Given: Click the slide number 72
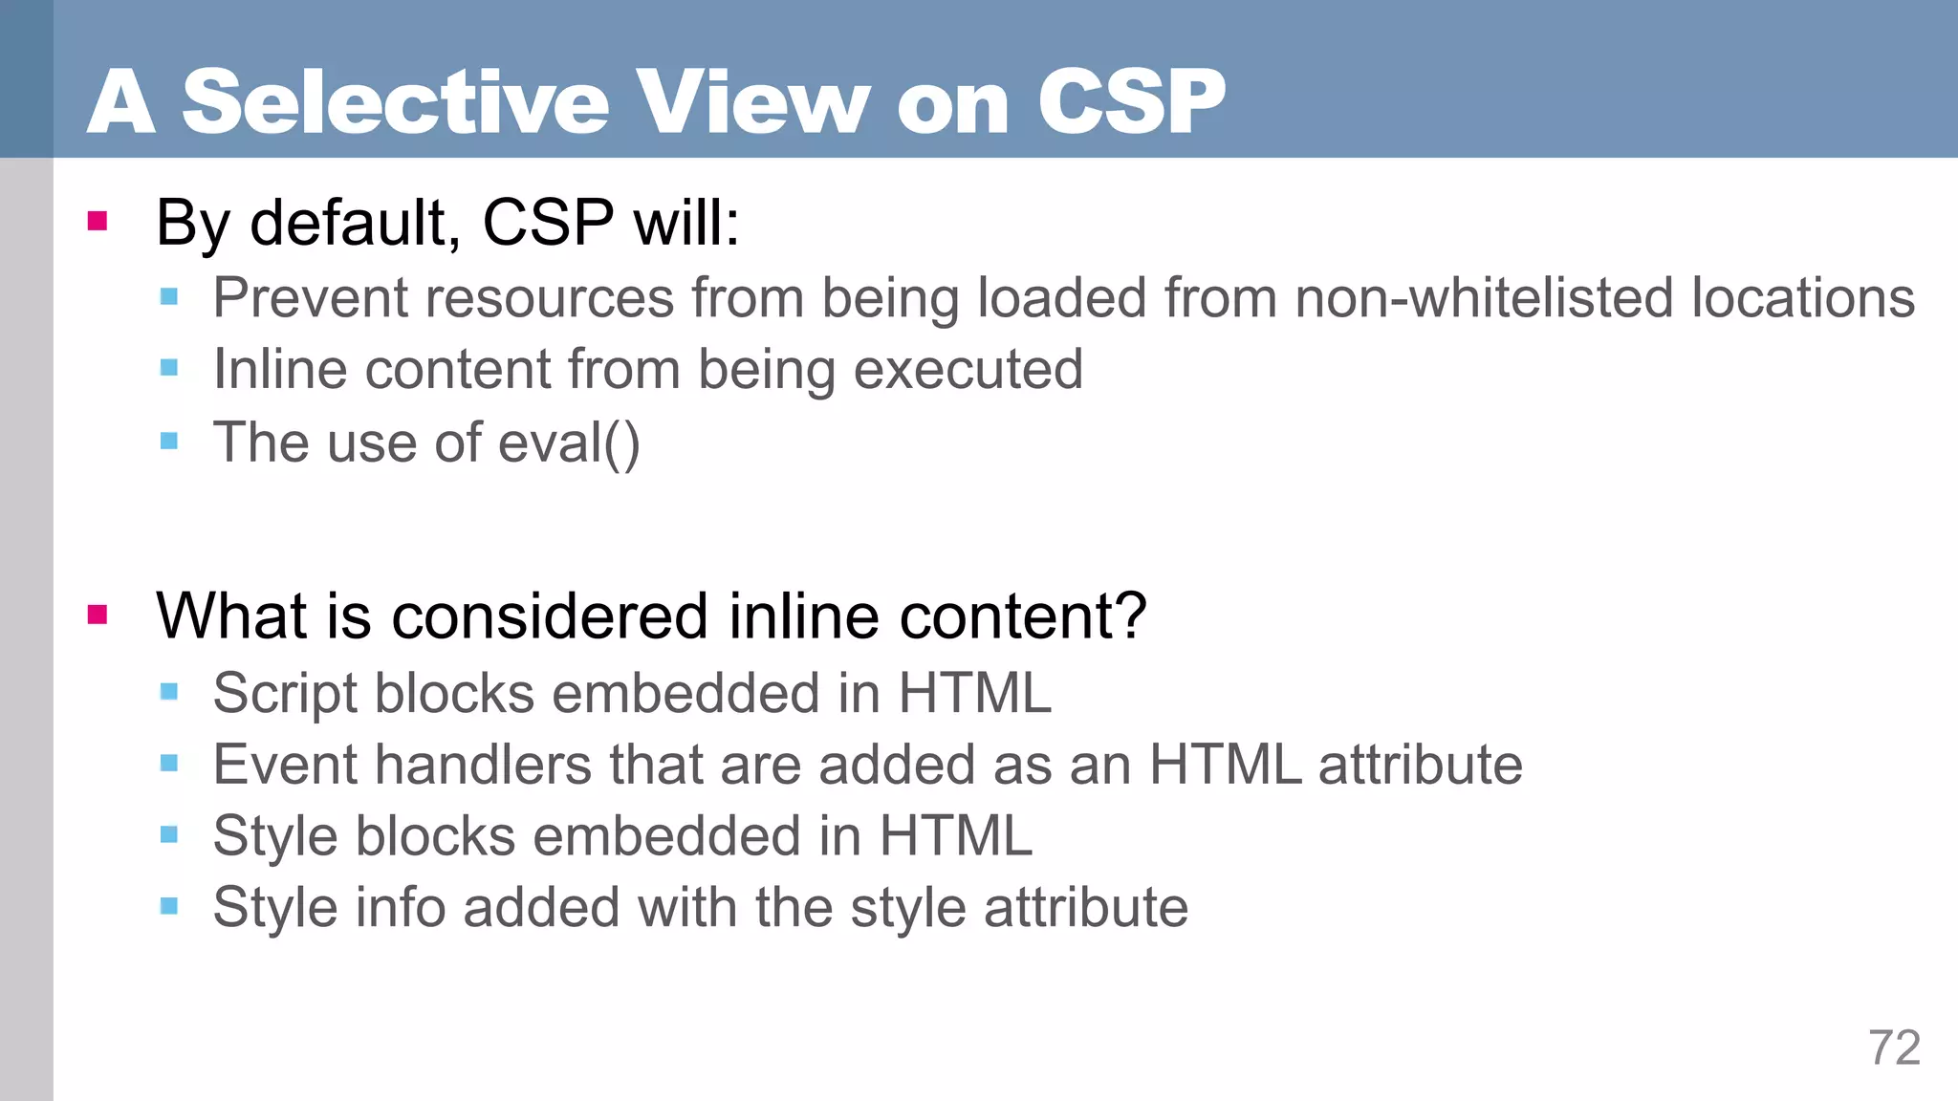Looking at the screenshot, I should point(1894,1048).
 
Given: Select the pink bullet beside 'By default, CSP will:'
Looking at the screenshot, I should point(98,222).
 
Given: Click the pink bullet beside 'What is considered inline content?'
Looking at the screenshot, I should point(98,615).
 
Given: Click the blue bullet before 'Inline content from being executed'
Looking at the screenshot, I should point(169,368).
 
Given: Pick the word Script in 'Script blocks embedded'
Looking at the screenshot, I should point(285,694).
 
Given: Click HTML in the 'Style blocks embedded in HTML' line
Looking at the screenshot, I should point(955,836).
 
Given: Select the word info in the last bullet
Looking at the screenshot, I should point(401,907).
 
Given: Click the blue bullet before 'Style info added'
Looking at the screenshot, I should point(169,906).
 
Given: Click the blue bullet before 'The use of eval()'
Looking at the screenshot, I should point(169,441).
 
